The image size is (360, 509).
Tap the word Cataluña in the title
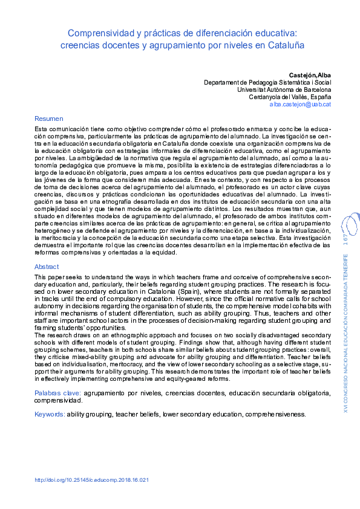pyautogui.click(x=287, y=45)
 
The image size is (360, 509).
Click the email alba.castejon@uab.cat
pyautogui.click(x=300, y=105)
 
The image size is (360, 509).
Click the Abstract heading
pyautogui.click(x=47, y=267)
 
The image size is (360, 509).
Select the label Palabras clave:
pyautogui.click(x=65, y=394)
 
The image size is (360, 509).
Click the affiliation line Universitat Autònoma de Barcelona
pyautogui.click(x=284, y=89)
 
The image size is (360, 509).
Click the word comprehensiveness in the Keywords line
pyautogui.click(x=275, y=415)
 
